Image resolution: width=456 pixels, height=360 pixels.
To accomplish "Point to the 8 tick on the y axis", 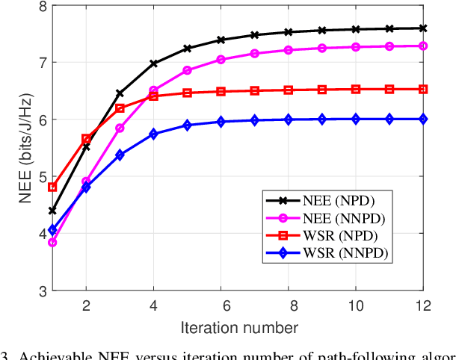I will point(38,6).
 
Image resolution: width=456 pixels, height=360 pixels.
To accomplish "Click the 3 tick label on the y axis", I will point(38,291).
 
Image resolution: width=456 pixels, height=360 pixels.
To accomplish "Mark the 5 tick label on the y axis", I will point(38,177).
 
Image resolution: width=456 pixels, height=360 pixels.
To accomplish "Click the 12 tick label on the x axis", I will point(422,304).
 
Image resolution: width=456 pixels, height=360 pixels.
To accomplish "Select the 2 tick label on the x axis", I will point(86,304).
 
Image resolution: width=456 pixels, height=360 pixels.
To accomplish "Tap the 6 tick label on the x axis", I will point(221,304).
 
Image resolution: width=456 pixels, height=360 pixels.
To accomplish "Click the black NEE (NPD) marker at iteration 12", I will point(422,28).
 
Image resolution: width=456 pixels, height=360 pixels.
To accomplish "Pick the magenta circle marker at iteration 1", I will point(52,242).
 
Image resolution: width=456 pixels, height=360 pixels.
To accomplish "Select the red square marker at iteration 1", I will point(52,187).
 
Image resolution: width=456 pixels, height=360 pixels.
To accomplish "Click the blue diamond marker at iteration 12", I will point(422,119).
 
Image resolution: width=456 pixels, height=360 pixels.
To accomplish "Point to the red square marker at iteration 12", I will point(422,89).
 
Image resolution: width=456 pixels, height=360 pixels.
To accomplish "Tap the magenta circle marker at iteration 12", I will point(422,46).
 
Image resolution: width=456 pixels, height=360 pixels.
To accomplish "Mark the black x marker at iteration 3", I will point(120,93).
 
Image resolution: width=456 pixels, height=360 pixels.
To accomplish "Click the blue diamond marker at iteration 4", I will point(153,134).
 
